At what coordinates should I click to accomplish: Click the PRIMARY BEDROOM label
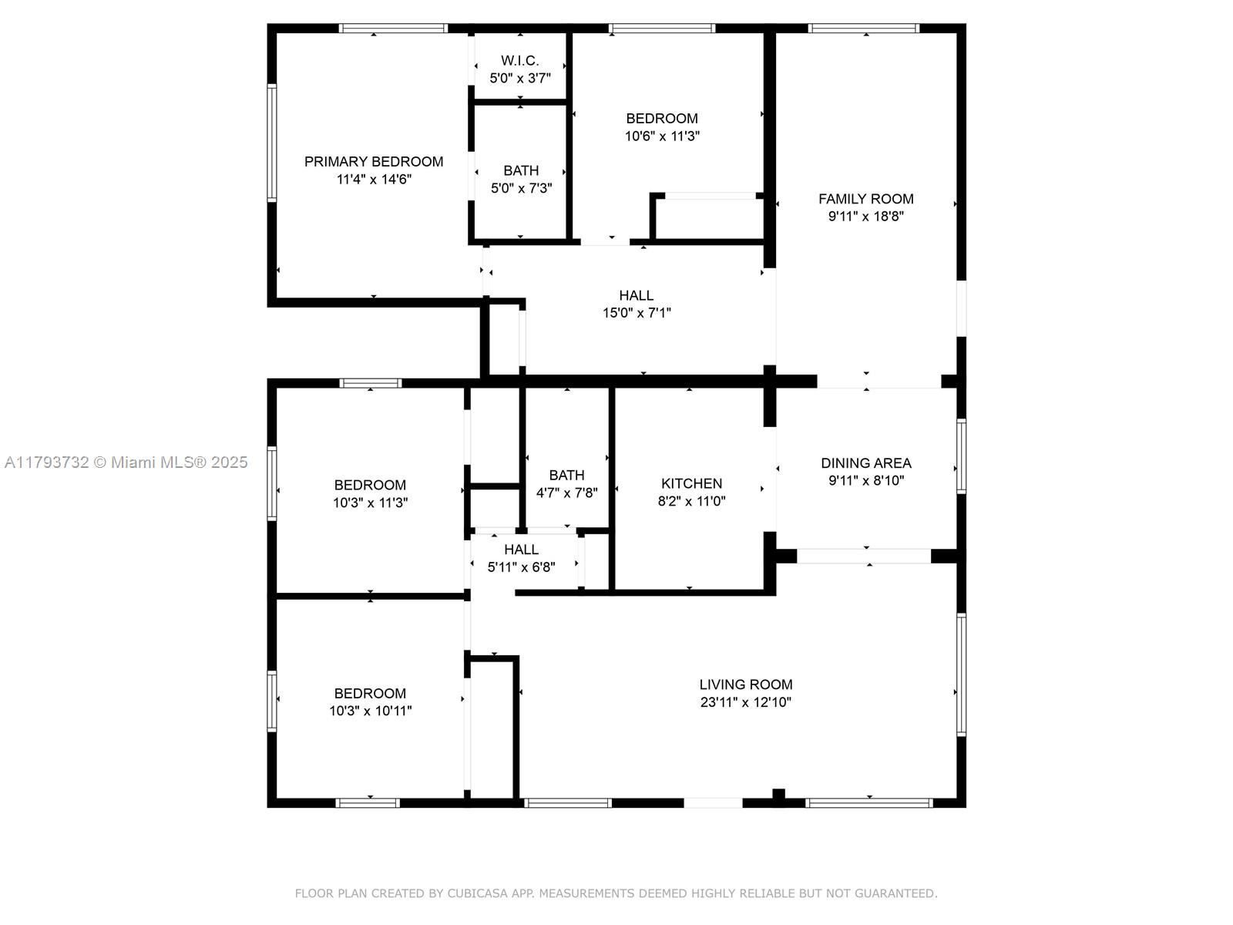(374, 162)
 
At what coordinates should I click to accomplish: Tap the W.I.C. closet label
(519, 60)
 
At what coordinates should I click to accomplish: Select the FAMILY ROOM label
(865, 199)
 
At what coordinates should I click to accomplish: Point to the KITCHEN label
(691, 483)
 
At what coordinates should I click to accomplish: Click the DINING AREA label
(865, 463)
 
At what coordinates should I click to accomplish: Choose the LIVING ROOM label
(745, 684)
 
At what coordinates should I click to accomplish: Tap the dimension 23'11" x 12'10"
(745, 702)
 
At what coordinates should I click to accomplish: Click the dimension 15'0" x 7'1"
(637, 313)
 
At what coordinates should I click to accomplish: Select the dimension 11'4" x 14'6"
(374, 179)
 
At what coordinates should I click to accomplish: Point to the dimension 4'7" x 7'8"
(566, 493)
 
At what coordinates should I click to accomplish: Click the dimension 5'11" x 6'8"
(521, 567)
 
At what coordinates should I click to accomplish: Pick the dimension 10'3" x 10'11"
(370, 711)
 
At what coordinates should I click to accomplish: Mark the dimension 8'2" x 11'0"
(691, 501)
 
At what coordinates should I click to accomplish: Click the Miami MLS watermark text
(126, 462)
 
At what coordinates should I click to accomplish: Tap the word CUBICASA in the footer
(477, 893)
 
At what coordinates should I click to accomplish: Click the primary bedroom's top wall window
(393, 28)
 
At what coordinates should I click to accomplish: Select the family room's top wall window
(863, 28)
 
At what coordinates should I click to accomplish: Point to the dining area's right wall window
(962, 456)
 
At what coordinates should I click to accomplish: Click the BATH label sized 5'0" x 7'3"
(521, 170)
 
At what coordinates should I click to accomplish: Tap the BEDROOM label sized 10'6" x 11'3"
(662, 119)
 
